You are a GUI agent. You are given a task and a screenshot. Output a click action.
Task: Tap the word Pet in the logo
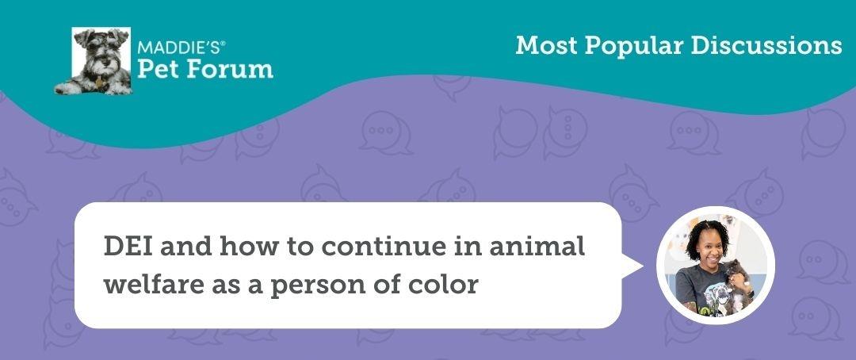click(157, 69)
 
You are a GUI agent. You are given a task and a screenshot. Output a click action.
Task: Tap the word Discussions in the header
click(766, 45)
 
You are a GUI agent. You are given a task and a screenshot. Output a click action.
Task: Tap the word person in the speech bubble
click(315, 284)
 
